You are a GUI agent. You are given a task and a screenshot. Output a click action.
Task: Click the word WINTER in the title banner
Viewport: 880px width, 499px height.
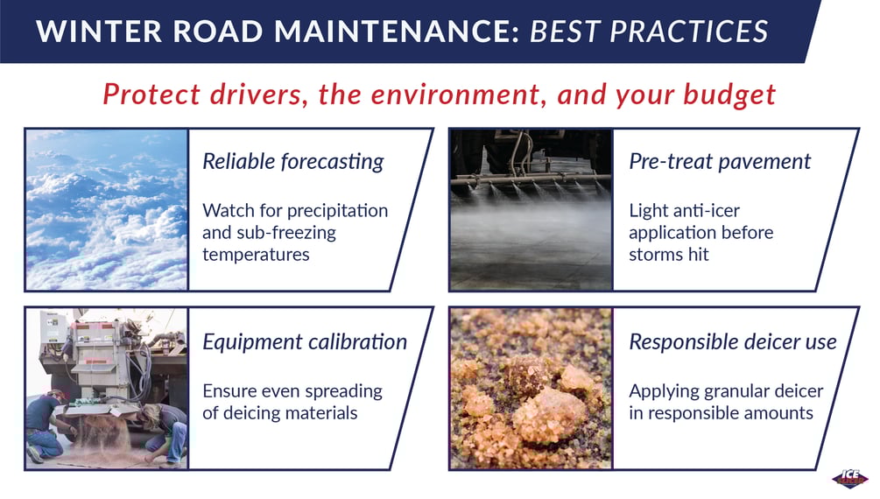(99, 31)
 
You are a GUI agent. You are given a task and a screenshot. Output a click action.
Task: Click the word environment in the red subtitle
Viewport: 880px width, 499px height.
(454, 95)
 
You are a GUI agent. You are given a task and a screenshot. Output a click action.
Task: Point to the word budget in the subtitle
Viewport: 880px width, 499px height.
(729, 95)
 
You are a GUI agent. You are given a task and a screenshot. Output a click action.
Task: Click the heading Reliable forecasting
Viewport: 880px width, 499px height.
(293, 162)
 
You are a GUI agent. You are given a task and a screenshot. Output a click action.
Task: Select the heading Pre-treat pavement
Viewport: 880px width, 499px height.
(720, 162)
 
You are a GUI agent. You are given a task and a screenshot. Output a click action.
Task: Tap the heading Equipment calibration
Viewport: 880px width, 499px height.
(305, 341)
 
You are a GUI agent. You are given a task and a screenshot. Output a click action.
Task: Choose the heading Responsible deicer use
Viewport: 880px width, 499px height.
(732, 341)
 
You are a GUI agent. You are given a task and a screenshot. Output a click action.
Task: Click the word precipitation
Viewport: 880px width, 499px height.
(337, 211)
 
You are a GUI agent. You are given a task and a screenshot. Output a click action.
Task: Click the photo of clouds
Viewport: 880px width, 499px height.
(107, 209)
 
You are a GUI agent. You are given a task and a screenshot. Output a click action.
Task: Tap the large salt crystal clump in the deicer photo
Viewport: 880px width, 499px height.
(548, 415)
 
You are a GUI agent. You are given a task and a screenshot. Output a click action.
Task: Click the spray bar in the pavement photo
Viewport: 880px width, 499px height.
(531, 180)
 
